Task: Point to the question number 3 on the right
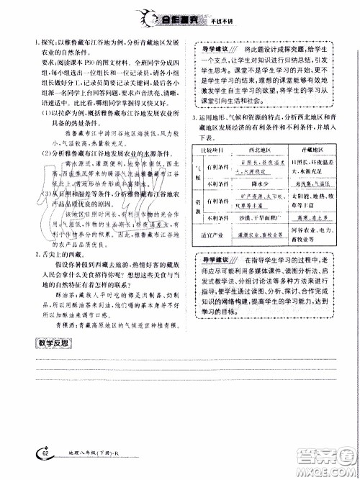pyautogui.click(x=187, y=117)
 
